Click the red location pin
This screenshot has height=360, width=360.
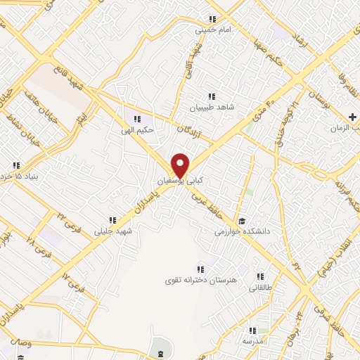coord(181,165)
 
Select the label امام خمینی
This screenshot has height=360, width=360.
coord(212,30)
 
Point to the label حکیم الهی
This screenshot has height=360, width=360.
coord(138,129)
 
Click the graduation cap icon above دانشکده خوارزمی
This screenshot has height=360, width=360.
coord(243,218)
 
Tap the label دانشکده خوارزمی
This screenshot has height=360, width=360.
coord(243,229)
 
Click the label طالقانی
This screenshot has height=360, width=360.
coord(260,287)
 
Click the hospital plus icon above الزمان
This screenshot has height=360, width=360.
coord(352,117)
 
